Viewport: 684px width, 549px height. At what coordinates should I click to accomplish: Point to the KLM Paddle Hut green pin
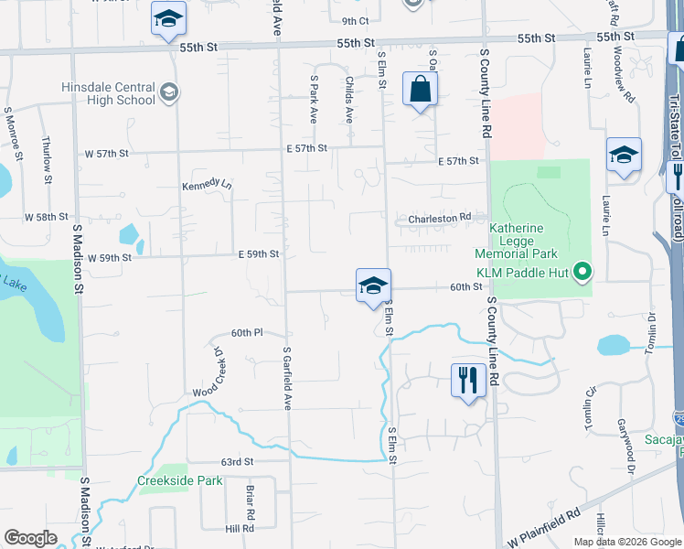[580, 272]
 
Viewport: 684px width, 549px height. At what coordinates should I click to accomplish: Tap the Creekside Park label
[180, 480]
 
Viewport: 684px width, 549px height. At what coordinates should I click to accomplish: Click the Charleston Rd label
[439, 218]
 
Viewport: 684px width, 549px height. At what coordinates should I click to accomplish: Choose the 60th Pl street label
[247, 333]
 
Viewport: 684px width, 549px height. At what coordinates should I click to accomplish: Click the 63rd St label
[236, 463]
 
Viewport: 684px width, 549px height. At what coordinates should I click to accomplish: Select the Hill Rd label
[240, 529]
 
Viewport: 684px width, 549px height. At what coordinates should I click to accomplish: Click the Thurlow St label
[48, 159]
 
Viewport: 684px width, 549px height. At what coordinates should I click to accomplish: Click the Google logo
[30, 538]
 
